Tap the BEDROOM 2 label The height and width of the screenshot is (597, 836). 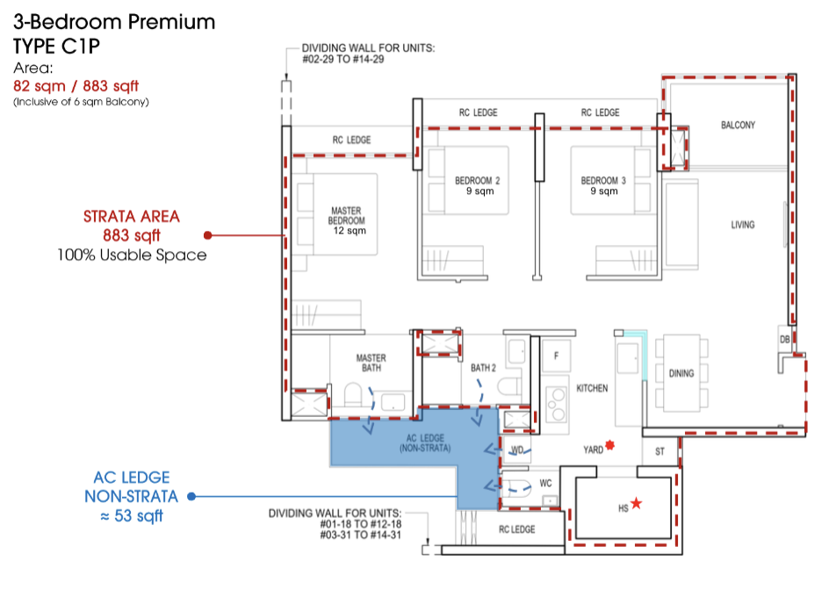point(477,185)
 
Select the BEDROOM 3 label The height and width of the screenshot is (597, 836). point(603,185)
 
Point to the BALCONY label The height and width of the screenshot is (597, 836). point(738,126)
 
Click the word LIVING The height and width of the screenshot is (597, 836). point(743,225)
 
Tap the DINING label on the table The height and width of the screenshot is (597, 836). point(681,373)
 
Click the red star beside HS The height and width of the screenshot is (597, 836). point(637,503)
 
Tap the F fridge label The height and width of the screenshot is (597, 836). point(556,356)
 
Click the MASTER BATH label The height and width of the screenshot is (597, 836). point(371,363)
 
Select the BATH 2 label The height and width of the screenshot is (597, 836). point(483,368)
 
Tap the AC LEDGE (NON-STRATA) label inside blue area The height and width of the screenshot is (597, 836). point(426,443)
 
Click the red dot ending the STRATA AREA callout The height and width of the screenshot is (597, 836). point(207,235)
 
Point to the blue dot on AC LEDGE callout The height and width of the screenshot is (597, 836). point(191,497)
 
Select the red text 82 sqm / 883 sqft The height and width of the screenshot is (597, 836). point(76,86)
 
